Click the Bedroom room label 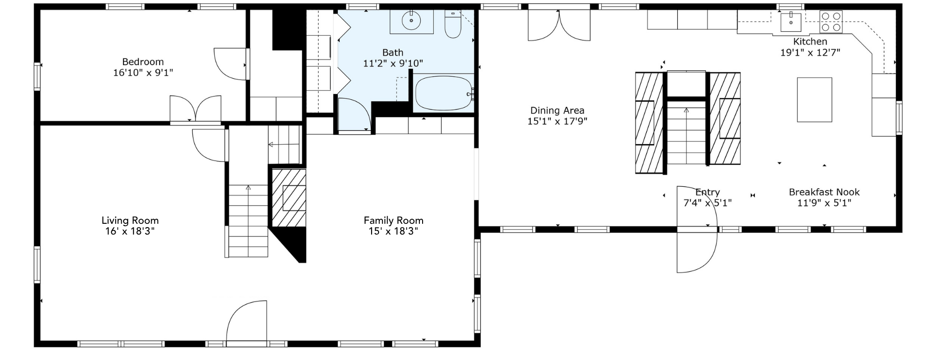click(x=143, y=62)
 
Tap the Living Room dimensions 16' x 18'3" click(x=130, y=231)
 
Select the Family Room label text click(x=394, y=220)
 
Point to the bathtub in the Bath click(x=444, y=93)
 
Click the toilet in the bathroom click(x=453, y=24)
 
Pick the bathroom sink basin click(x=411, y=20)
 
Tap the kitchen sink click(x=791, y=22)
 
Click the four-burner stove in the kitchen click(x=831, y=22)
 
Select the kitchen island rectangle click(x=814, y=100)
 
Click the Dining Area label click(x=557, y=110)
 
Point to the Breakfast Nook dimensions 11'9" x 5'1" click(x=824, y=203)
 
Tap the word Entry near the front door click(x=708, y=192)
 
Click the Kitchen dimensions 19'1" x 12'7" click(x=810, y=52)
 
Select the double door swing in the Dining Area click(x=559, y=26)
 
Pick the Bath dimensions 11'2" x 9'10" click(x=393, y=63)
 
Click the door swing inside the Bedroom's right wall click(x=230, y=64)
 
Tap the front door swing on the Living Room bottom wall click(x=247, y=323)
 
